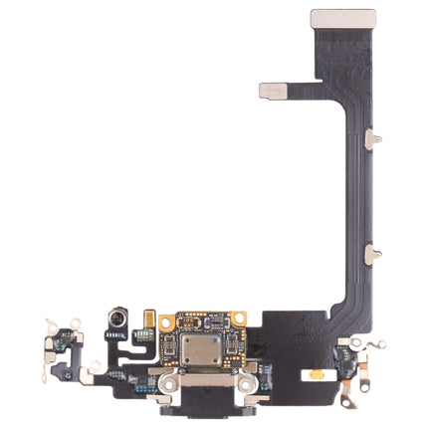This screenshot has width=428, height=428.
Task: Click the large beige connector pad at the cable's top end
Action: pyautogui.click(x=343, y=19)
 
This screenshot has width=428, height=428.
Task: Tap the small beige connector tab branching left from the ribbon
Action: pyautogui.click(x=274, y=91)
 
